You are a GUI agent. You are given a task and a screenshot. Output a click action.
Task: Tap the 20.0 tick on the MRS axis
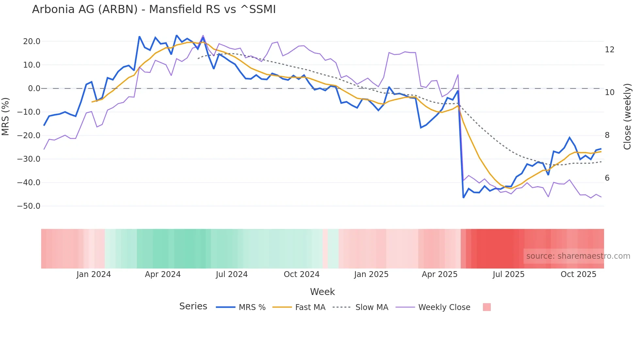pos(32,41)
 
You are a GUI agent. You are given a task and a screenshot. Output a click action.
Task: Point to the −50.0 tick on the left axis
pos(29,206)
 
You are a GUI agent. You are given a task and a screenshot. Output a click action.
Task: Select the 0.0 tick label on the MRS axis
pos(34,89)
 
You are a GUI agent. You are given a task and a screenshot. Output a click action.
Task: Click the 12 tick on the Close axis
pos(610,50)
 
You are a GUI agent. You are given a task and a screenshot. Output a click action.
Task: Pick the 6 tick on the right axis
pos(607,178)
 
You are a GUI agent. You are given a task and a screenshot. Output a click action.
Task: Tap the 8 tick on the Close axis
pos(607,135)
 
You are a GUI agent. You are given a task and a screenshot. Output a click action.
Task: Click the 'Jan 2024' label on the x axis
pos(94,274)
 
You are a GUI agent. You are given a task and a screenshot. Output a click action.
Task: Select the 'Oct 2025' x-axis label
pos(578,274)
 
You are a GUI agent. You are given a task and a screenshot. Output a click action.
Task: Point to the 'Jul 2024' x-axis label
pos(232,274)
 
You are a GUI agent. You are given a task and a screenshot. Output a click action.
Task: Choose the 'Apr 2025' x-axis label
pos(440,274)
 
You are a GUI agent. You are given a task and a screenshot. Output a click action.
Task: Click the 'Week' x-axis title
pos(322,292)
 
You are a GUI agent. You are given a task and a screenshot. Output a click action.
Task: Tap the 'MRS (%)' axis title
pos(6,116)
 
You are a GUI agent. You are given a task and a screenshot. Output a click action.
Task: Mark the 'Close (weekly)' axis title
pos(627,117)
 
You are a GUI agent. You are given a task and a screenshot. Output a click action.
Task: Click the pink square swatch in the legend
pos(487,307)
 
